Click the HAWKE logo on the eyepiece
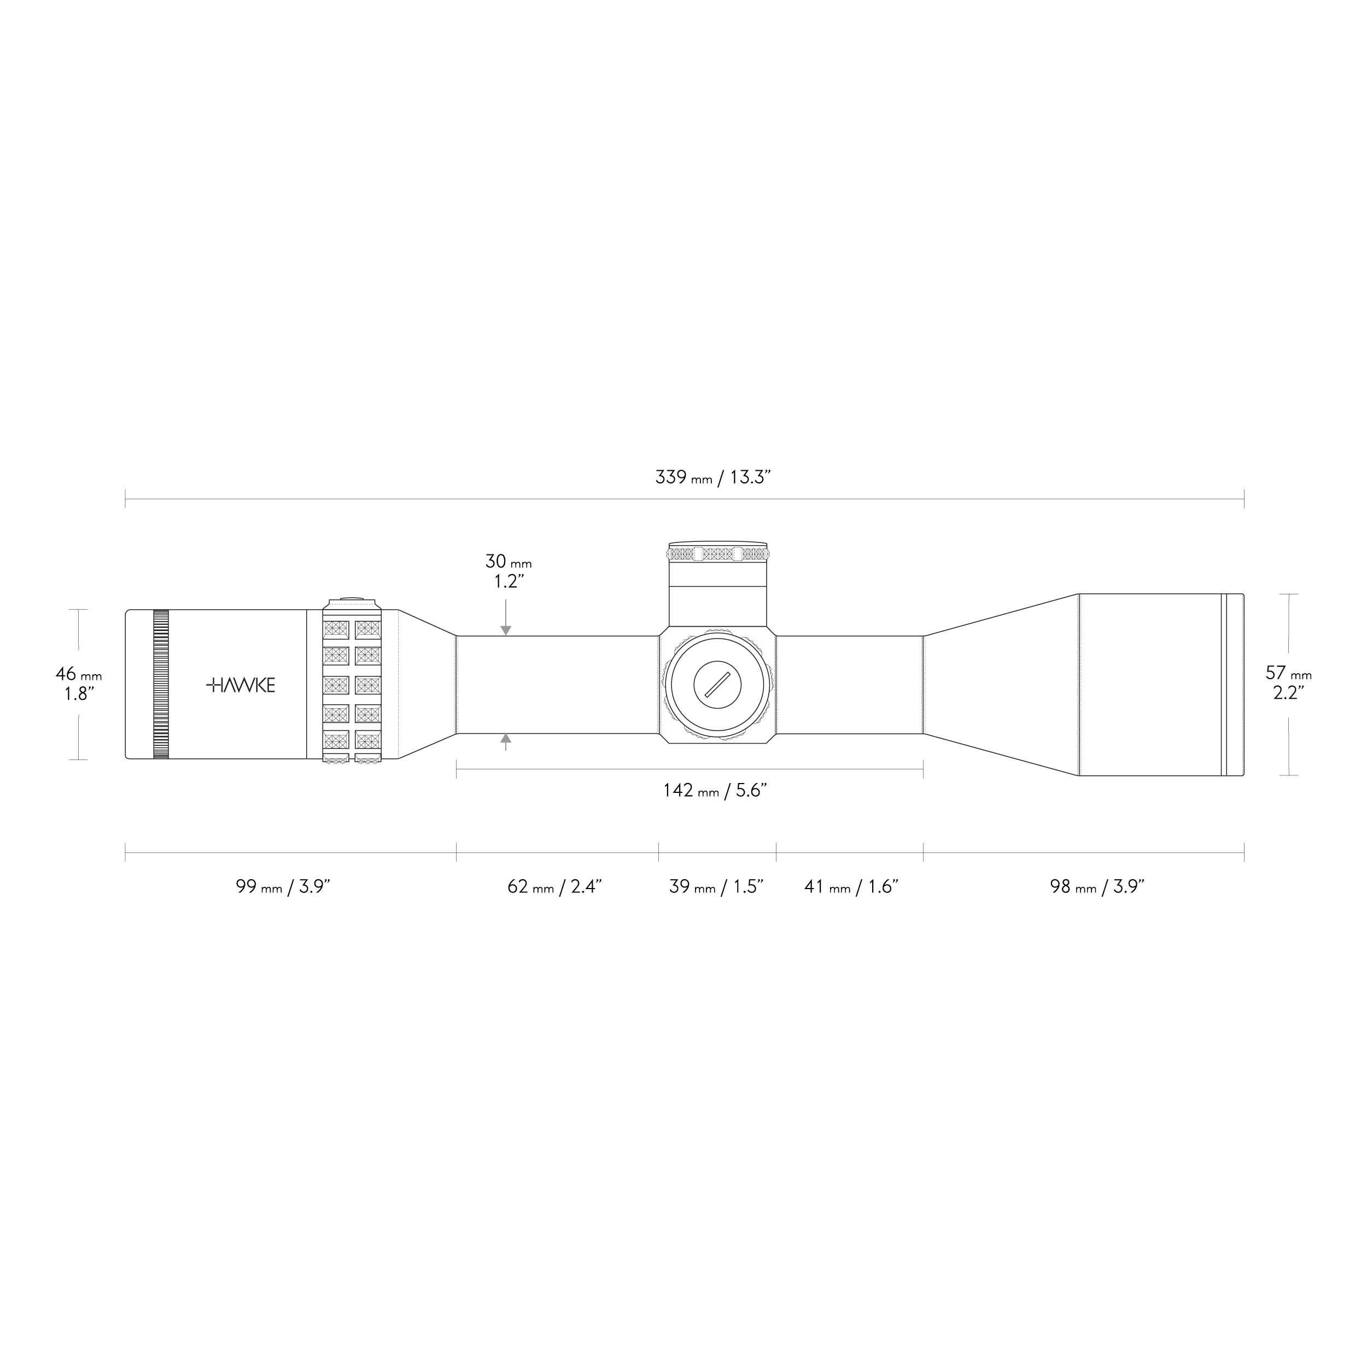[241, 685]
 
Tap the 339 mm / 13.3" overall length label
[712, 477]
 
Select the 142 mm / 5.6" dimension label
[715, 790]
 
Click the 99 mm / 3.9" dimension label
[283, 886]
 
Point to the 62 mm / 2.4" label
[554, 886]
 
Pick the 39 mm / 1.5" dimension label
[717, 886]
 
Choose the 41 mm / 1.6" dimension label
[851, 886]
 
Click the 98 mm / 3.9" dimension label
[1097, 886]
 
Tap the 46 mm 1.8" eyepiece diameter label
[79, 683]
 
